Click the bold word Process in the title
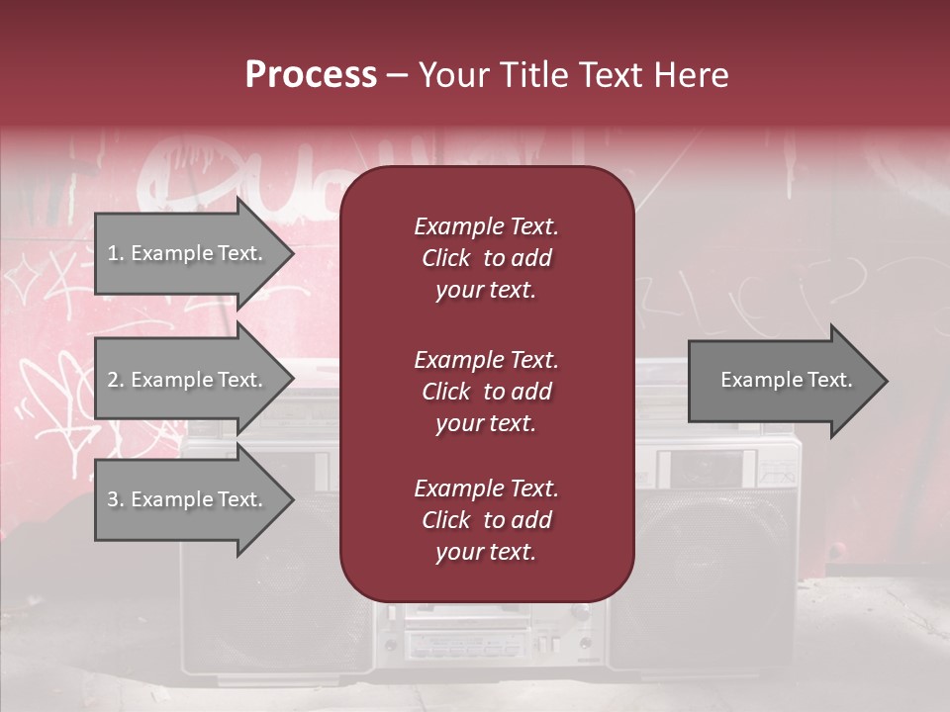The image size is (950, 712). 311,75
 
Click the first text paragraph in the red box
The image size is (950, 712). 486,258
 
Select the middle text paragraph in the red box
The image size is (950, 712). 486,392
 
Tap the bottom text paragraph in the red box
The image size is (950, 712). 486,520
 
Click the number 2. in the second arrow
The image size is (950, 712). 116,380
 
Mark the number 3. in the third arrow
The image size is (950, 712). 116,499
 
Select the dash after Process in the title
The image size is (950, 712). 398,75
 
